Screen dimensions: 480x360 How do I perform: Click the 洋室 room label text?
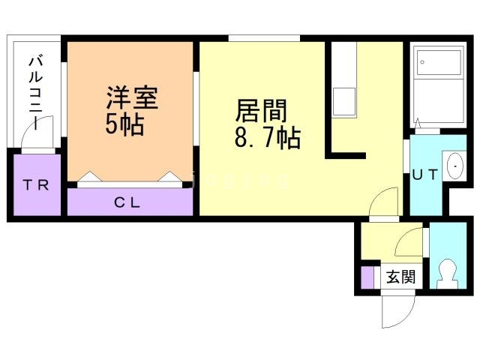pos(132,98)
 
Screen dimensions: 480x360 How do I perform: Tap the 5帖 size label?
pos(124,124)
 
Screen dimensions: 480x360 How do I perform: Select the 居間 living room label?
pos(261,110)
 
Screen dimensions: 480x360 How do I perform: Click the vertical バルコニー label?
pos(35,91)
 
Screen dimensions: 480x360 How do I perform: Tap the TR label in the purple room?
pos(36,185)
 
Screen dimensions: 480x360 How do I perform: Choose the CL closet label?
pos(127,202)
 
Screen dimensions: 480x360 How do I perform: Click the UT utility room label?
pos(425,175)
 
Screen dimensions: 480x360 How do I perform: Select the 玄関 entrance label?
pos(400,277)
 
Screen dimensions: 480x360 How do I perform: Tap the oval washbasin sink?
pos(455,166)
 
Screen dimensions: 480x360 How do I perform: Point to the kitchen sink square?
pos(344,102)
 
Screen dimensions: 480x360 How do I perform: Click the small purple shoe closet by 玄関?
pos(367,277)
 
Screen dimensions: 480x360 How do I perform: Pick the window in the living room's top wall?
pos(264,38)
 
